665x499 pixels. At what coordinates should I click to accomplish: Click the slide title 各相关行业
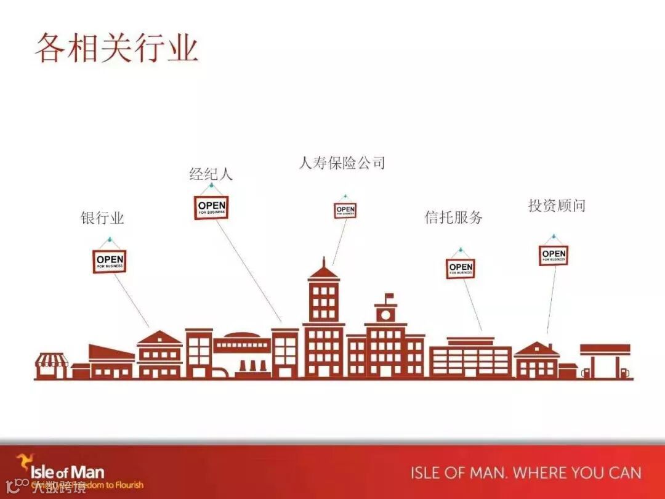click(116, 48)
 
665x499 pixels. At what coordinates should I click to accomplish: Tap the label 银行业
click(102, 218)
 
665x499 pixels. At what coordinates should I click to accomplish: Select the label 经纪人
click(211, 174)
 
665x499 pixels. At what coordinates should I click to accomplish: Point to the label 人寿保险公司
click(342, 163)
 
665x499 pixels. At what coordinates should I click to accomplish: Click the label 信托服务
click(454, 217)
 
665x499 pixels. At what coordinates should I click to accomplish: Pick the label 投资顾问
click(557, 206)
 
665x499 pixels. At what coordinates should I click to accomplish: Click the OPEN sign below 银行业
click(110, 261)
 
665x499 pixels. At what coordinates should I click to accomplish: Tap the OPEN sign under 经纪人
click(211, 208)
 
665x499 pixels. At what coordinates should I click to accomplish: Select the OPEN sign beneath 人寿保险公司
click(345, 211)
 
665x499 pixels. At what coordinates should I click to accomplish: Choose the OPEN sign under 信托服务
click(461, 269)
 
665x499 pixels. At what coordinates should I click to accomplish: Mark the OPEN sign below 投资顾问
click(554, 255)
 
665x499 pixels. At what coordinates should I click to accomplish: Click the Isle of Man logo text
click(67, 473)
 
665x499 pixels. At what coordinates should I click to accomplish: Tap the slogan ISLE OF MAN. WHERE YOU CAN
click(526, 473)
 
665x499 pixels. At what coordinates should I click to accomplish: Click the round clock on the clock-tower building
click(386, 314)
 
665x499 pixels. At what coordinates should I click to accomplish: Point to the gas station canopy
click(605, 349)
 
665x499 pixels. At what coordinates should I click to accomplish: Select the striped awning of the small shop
click(51, 359)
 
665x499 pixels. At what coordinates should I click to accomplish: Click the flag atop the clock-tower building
click(389, 297)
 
